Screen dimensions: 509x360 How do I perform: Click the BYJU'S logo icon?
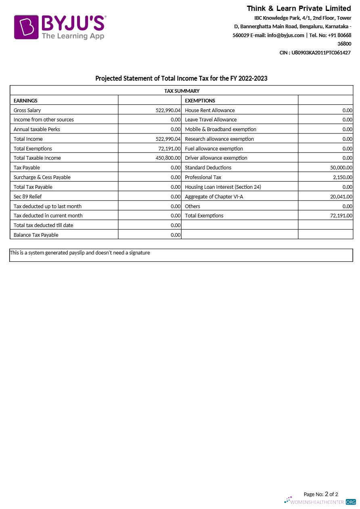tap(26, 27)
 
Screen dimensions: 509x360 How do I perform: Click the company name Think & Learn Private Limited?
tap(299, 8)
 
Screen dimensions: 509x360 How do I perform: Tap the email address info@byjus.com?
tap(285, 35)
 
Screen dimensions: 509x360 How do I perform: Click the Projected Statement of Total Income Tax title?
tap(181, 78)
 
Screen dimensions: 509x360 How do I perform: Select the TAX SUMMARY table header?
tap(182, 91)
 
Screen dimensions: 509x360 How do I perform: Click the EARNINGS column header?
tap(25, 100)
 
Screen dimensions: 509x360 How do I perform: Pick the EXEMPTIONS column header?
tap(200, 100)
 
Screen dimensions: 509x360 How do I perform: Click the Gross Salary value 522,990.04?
tap(168, 110)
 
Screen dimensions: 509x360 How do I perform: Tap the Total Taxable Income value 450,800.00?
tap(168, 158)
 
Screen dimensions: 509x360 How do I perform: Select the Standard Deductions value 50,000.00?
tap(341, 168)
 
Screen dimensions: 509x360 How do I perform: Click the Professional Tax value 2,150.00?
tap(343, 177)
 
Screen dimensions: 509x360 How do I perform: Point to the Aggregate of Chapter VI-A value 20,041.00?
tap(341, 197)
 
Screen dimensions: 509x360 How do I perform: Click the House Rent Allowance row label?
tap(209, 110)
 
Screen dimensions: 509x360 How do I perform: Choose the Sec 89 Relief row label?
tap(28, 197)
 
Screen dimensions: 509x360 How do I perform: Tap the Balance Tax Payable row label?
tap(36, 235)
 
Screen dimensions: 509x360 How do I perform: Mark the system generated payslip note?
tap(80, 253)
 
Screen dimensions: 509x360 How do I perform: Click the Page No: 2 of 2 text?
tap(320, 494)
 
